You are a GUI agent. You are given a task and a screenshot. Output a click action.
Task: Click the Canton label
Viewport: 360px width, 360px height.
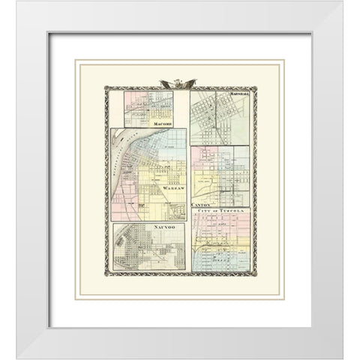(x=202, y=203)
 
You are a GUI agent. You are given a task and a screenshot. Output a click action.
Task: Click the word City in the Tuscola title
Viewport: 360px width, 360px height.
(x=202, y=211)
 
